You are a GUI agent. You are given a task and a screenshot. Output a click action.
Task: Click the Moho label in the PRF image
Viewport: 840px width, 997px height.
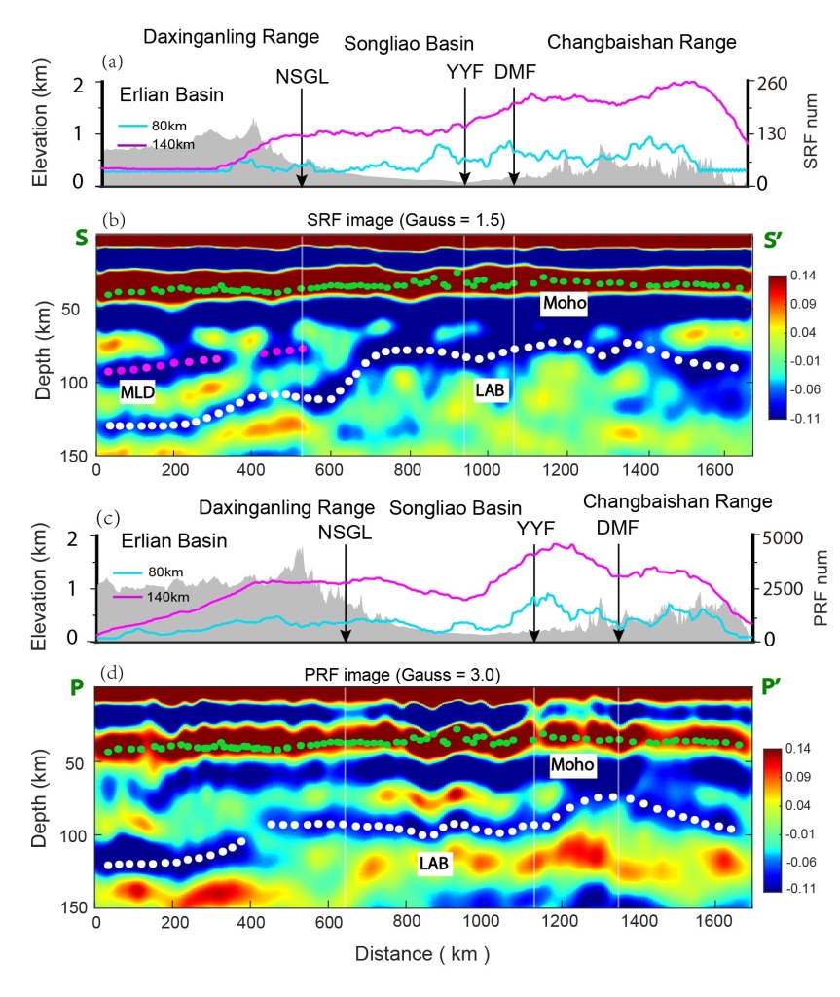(x=571, y=766)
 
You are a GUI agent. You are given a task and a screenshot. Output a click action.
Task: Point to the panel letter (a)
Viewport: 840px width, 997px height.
(x=113, y=61)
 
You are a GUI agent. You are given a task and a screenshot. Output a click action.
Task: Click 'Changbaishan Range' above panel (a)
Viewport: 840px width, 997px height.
(x=641, y=42)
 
